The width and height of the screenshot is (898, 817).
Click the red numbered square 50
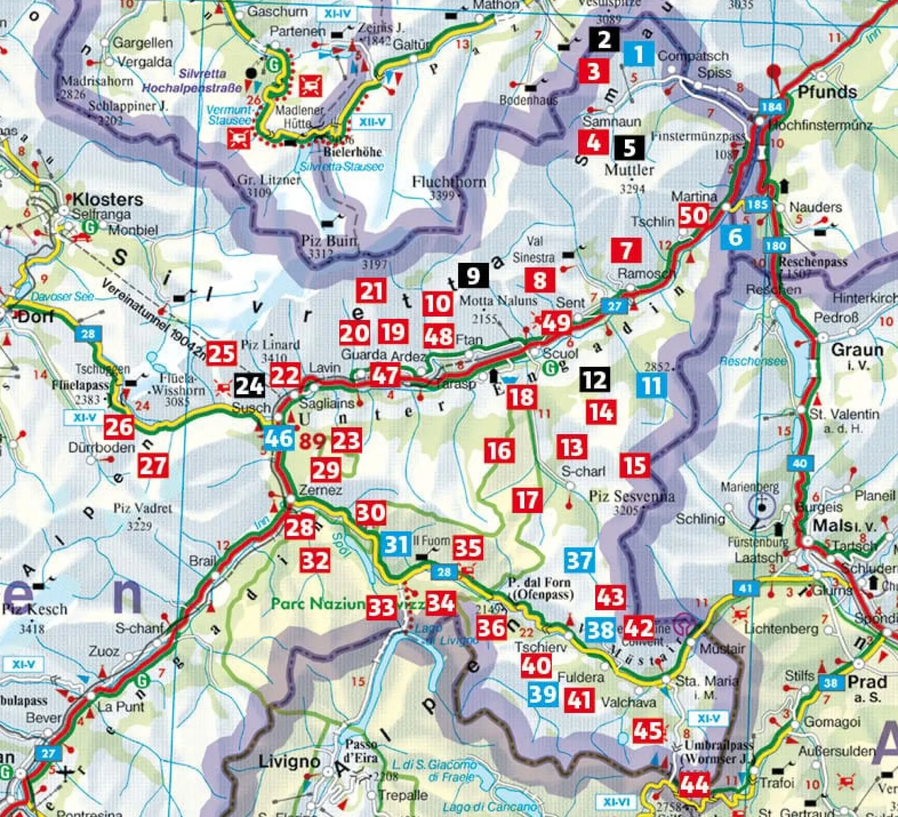(x=693, y=215)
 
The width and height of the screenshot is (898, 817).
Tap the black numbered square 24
(x=249, y=386)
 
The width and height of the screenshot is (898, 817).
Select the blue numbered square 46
(x=279, y=438)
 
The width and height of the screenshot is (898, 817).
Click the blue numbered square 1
(x=639, y=54)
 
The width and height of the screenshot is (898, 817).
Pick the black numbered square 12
(x=595, y=380)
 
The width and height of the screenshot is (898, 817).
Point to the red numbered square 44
(x=694, y=784)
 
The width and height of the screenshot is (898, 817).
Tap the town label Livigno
(x=289, y=761)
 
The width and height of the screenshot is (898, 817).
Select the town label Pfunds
(x=827, y=92)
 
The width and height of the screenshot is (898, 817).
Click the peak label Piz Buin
(x=329, y=241)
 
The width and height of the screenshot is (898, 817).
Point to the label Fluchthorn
(x=449, y=182)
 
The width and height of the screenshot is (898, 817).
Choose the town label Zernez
(x=320, y=490)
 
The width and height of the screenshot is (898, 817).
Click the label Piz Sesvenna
(x=631, y=497)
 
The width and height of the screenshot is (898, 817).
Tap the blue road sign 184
(x=772, y=107)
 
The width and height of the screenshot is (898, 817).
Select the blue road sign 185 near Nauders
(x=757, y=204)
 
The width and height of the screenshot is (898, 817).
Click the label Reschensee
(x=753, y=361)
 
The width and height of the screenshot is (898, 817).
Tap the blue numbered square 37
(x=579, y=561)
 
